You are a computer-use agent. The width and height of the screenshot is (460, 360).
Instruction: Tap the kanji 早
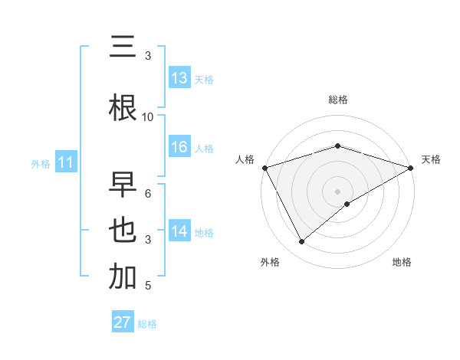point(123,186)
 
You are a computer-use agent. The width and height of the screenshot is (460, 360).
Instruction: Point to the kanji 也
point(123,231)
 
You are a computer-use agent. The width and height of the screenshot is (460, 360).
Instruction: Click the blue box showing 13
point(179,78)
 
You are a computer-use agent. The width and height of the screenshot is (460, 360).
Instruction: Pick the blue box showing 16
point(179,147)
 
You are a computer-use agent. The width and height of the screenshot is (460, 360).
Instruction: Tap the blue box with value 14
point(179,232)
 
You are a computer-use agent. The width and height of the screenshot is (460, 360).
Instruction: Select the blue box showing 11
point(66,162)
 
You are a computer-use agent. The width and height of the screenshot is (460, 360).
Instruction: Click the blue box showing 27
point(123,322)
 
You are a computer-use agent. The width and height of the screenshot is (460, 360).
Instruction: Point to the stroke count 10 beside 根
point(148,116)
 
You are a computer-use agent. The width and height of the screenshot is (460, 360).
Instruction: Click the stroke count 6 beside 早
point(148,193)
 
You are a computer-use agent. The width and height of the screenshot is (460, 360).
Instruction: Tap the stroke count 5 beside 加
point(148,286)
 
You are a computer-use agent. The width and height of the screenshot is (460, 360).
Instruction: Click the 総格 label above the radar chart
point(337,100)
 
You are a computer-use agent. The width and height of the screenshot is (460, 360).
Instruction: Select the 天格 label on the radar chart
point(432,159)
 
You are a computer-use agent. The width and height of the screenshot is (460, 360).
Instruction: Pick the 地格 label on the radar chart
point(402,262)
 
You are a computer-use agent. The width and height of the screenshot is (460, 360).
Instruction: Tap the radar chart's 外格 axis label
point(270,262)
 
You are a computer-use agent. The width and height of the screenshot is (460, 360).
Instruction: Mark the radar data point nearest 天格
point(410,167)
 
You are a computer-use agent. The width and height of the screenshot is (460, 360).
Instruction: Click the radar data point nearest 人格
point(264,167)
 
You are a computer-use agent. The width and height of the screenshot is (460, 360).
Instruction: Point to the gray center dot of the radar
point(337,191)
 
